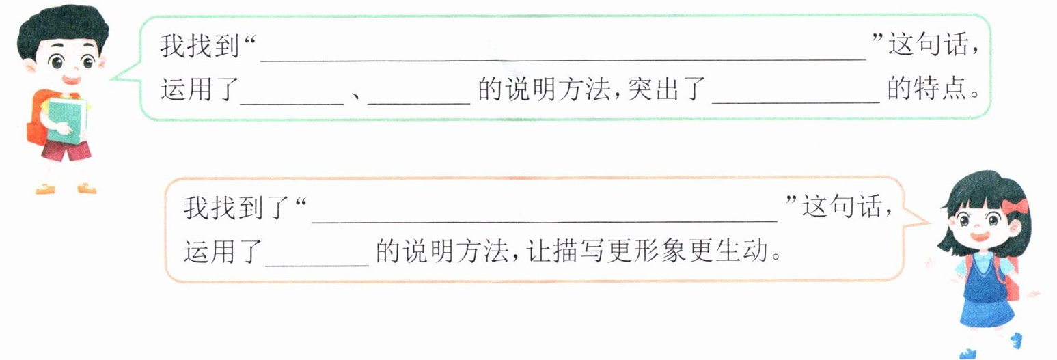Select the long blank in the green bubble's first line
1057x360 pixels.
click(563, 55)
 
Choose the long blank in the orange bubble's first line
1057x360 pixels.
click(545, 215)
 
